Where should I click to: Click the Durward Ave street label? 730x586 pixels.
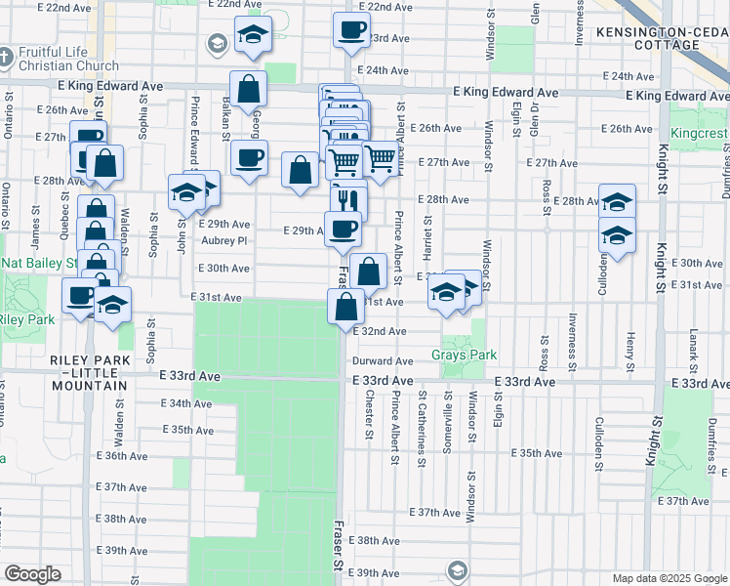point(384,361)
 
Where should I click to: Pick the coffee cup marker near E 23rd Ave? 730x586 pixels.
point(351,29)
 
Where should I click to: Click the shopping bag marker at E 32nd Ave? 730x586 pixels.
point(346,307)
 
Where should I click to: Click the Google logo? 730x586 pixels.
point(32,574)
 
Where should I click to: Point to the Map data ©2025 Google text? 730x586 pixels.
point(669,578)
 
